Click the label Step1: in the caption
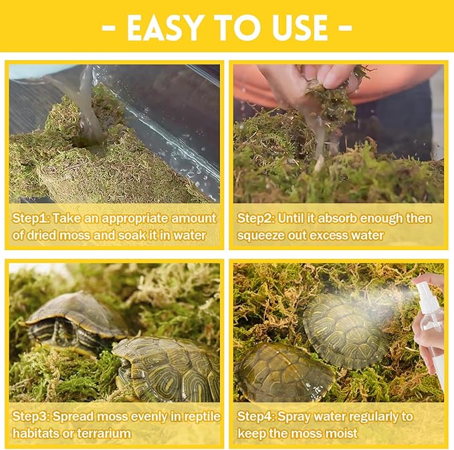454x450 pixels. pos(30,218)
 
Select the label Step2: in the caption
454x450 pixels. pos(256,218)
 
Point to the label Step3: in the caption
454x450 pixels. pos(30,417)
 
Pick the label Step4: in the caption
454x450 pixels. pos(256,417)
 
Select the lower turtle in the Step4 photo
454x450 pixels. pos(283,372)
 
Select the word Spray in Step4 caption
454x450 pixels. pos(296,417)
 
